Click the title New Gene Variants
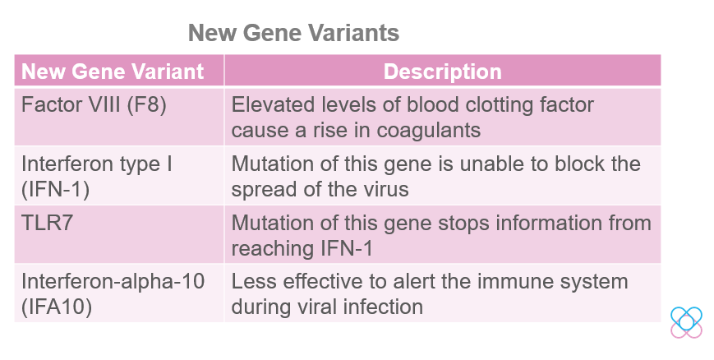point(293,33)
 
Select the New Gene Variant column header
point(113,72)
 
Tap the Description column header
point(443,72)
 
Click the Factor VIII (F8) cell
point(94,105)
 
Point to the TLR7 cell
point(48,223)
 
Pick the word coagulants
point(429,131)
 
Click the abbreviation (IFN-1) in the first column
point(56,190)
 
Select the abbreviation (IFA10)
point(57,307)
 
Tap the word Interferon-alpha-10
point(113,281)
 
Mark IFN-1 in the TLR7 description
point(347,249)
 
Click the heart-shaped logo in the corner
point(686,323)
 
